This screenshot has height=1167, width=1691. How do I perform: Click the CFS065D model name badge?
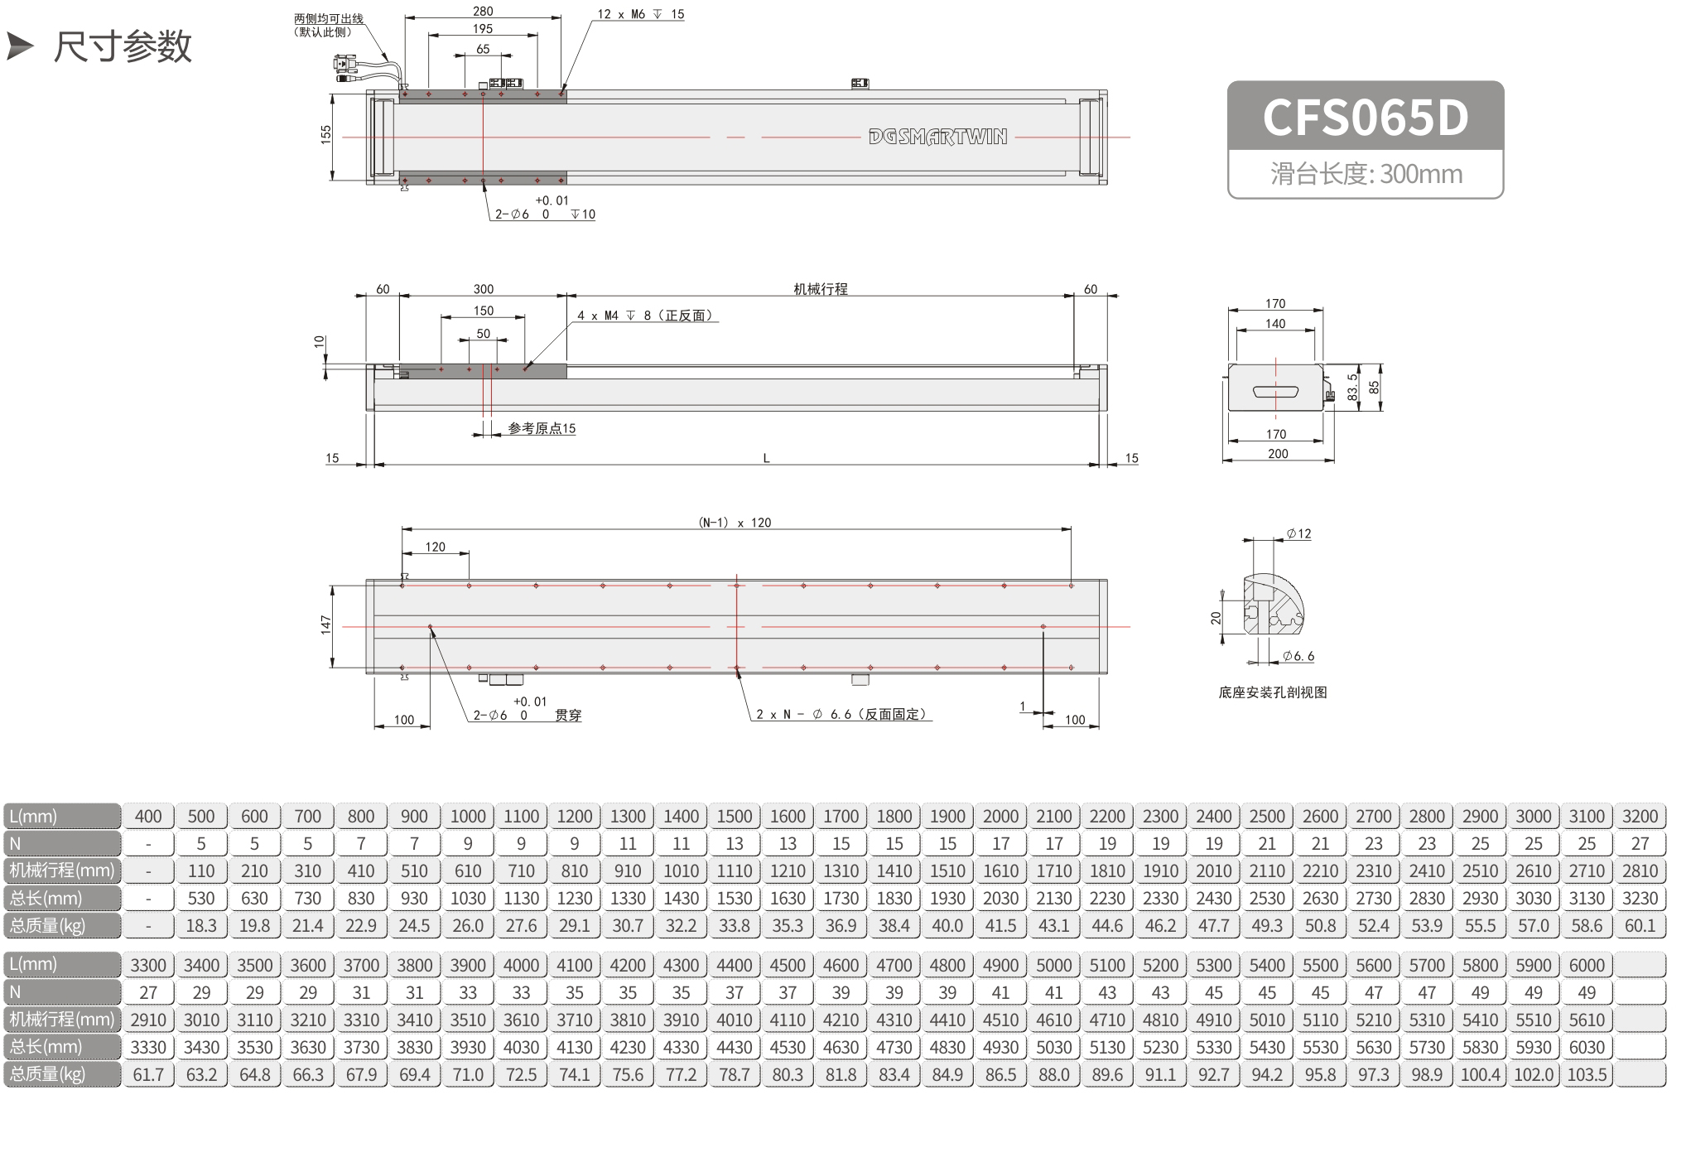[x=1365, y=117]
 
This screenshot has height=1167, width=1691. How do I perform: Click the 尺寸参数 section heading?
[x=123, y=46]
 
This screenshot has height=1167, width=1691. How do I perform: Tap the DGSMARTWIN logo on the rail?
[x=937, y=137]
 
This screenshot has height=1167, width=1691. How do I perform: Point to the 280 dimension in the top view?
[x=483, y=11]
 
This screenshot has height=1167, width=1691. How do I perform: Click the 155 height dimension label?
[x=325, y=134]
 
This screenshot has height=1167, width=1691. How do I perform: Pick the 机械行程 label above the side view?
[x=821, y=289]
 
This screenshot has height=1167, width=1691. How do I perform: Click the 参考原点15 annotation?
[x=542, y=428]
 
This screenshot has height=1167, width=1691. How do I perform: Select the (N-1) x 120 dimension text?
[x=735, y=523]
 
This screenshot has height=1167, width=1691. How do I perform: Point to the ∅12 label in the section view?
[x=1298, y=534]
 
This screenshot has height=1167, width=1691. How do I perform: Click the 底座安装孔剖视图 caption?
[x=1273, y=692]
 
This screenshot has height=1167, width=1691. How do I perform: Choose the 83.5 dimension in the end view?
[x=1352, y=388]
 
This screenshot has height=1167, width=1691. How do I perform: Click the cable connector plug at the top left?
[x=345, y=66]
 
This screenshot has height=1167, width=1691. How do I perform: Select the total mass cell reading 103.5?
[x=1587, y=1074]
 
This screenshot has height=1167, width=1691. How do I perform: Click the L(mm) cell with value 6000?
[x=1587, y=965]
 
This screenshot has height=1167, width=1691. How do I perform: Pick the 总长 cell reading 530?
[x=201, y=899]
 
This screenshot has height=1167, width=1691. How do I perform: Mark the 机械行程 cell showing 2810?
[x=1640, y=871]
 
